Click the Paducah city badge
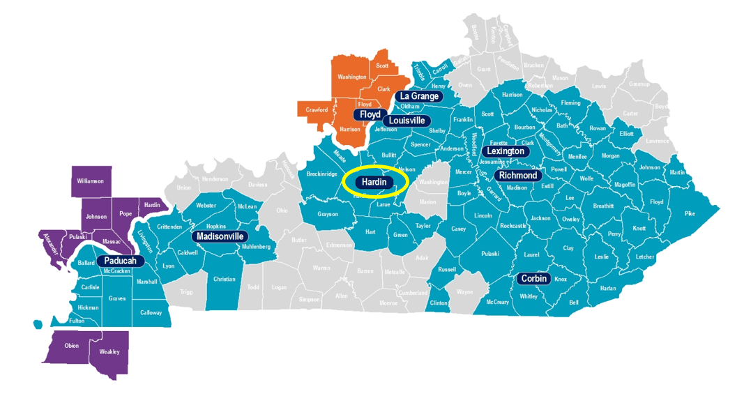[x=120, y=261]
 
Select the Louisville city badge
[x=406, y=120]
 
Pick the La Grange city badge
[x=419, y=96]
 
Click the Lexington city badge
[x=506, y=151]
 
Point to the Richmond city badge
[x=517, y=176]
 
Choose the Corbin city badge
[x=534, y=279]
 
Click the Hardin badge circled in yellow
[x=374, y=183]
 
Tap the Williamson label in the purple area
[x=90, y=181]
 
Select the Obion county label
[x=71, y=346]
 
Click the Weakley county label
[x=109, y=352]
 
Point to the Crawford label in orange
[x=317, y=110]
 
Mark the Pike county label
[x=690, y=213]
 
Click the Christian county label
[x=225, y=280]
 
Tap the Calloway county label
[x=151, y=313]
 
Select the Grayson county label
[x=328, y=214]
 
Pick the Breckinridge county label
[x=322, y=174]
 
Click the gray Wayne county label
[x=464, y=293]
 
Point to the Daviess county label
[x=257, y=185]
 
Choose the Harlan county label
[x=608, y=288]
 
